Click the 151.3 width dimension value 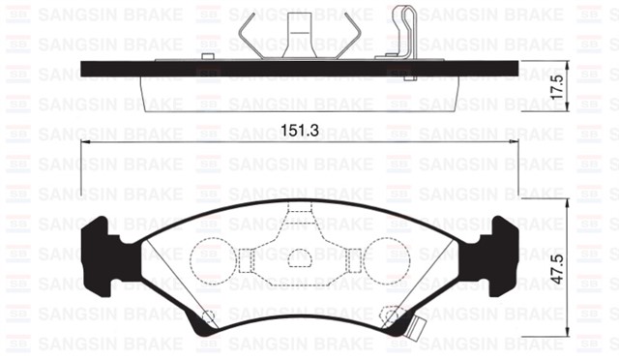300,130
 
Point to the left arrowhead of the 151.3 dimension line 85,141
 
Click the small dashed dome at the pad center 301,257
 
